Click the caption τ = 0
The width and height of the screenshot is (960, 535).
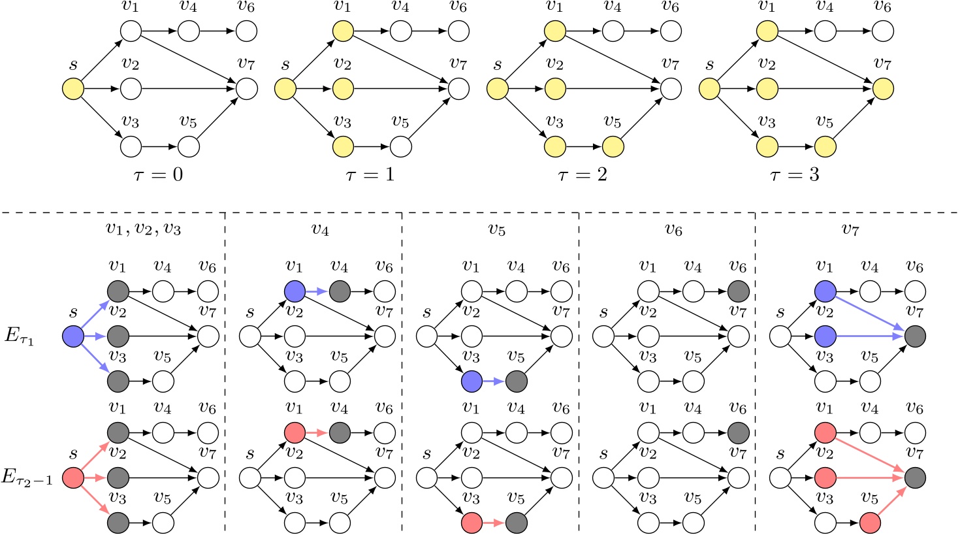157,175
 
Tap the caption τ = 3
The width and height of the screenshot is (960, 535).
794,175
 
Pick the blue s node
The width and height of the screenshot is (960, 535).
72,337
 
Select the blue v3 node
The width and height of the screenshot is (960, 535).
472,381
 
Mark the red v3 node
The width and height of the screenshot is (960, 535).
472,523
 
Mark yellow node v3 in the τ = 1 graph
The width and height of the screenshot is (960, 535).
342,146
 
